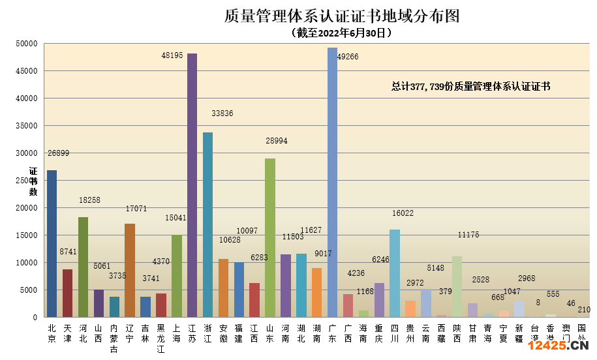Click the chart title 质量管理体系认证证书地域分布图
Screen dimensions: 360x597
point(342,16)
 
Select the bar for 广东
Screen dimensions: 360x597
point(332,183)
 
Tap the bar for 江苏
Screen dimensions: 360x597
point(192,186)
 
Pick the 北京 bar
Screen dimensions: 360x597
point(52,244)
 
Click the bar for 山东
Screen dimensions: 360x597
point(269,238)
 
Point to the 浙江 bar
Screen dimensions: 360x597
point(207,225)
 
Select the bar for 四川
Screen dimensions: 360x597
point(394,273)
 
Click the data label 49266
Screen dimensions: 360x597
point(348,57)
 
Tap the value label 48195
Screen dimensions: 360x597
point(172,56)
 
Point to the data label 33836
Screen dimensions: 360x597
point(222,113)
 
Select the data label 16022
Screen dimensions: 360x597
point(403,213)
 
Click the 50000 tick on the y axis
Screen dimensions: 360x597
point(27,44)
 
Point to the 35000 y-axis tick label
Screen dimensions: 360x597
point(27,126)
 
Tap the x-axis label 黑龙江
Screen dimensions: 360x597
point(161,338)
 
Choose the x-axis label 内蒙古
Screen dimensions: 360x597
point(114,338)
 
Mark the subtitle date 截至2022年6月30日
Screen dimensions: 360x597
point(342,32)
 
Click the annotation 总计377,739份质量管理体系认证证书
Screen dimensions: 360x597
point(470,86)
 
